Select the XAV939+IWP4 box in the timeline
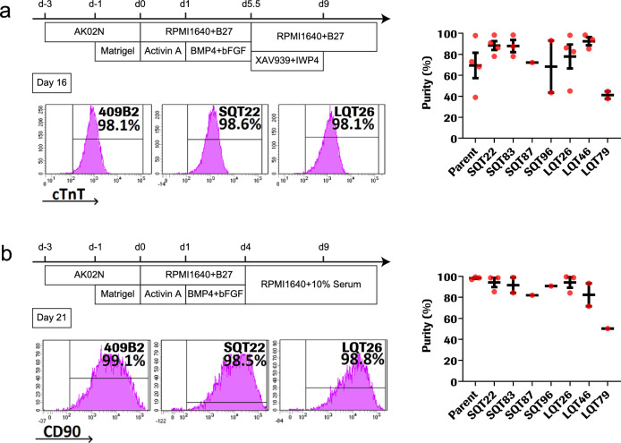[288, 57]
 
